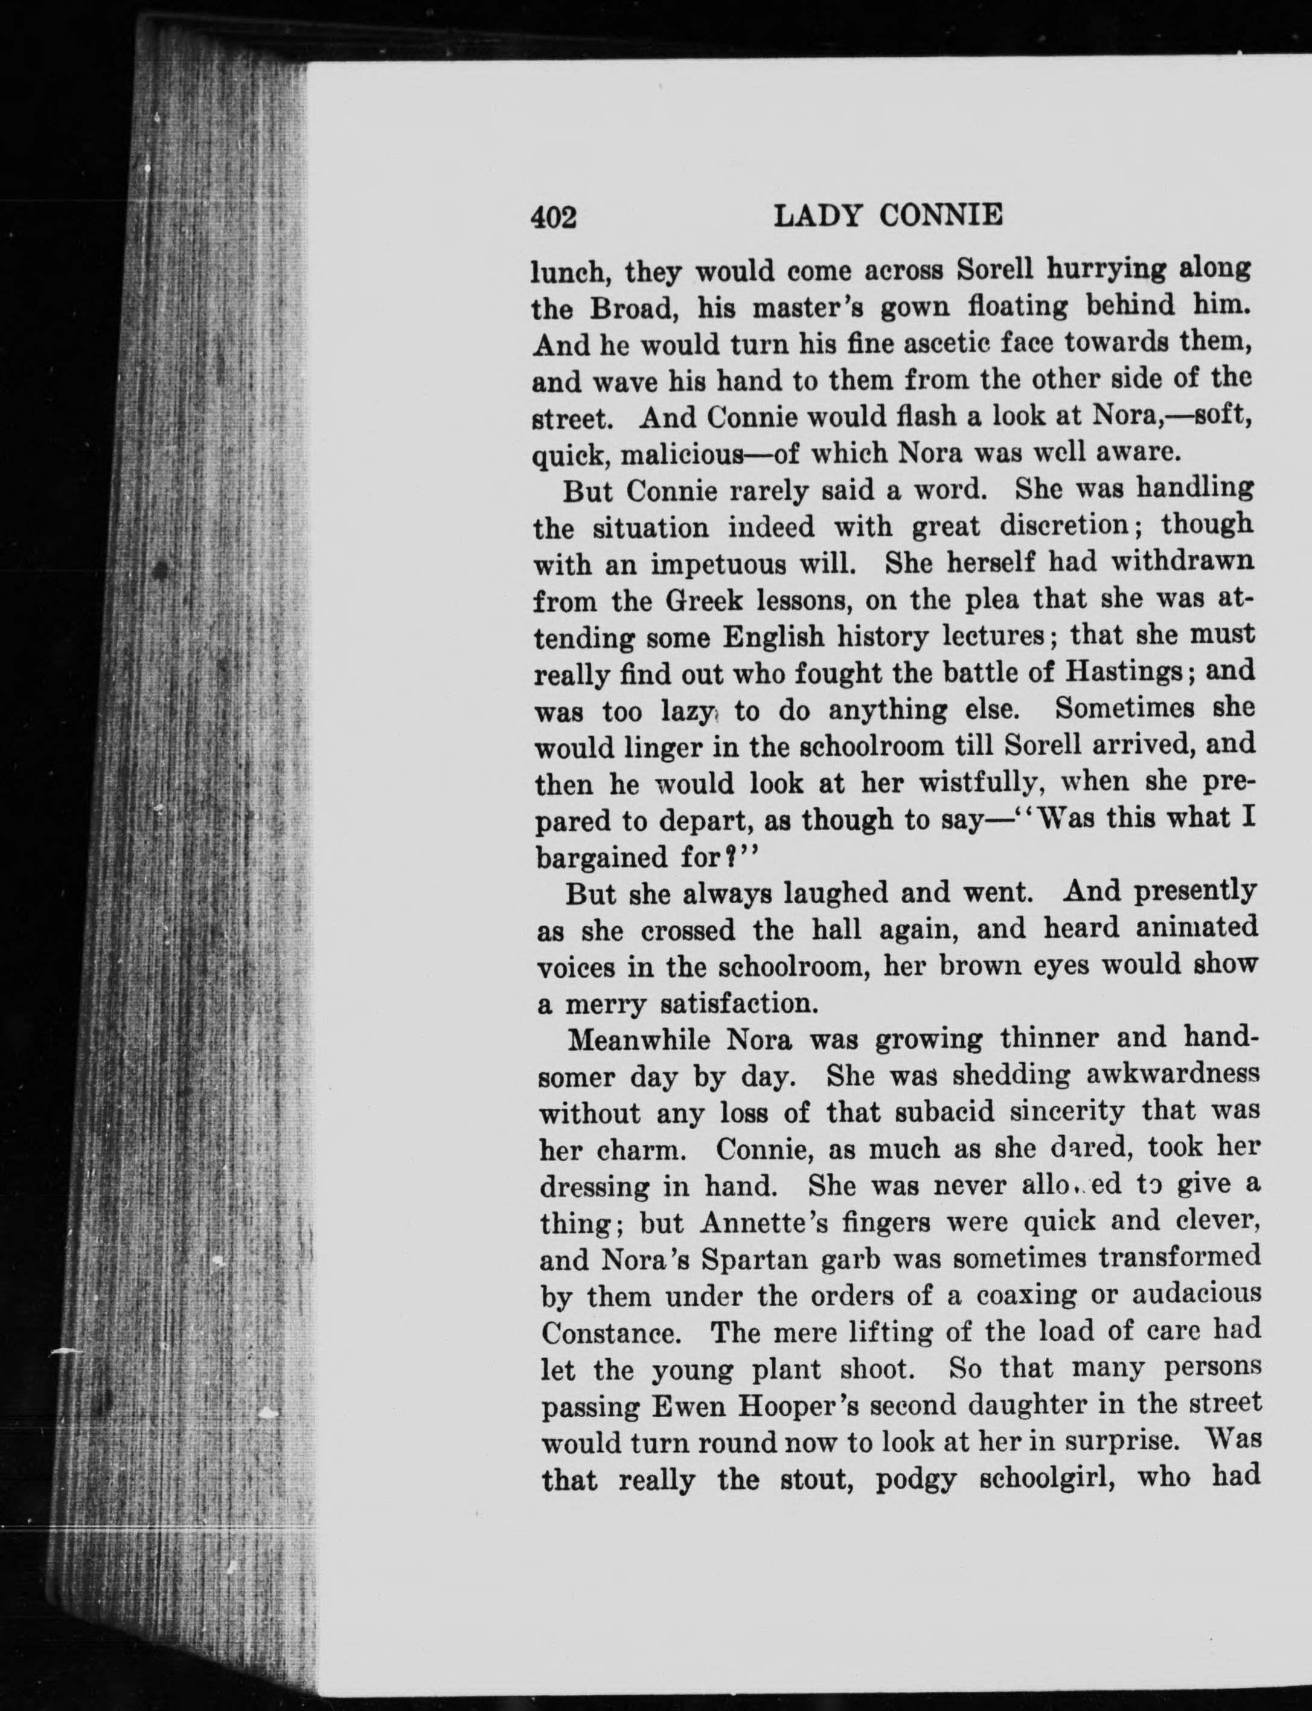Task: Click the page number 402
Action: point(554,217)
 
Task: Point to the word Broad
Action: point(632,308)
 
